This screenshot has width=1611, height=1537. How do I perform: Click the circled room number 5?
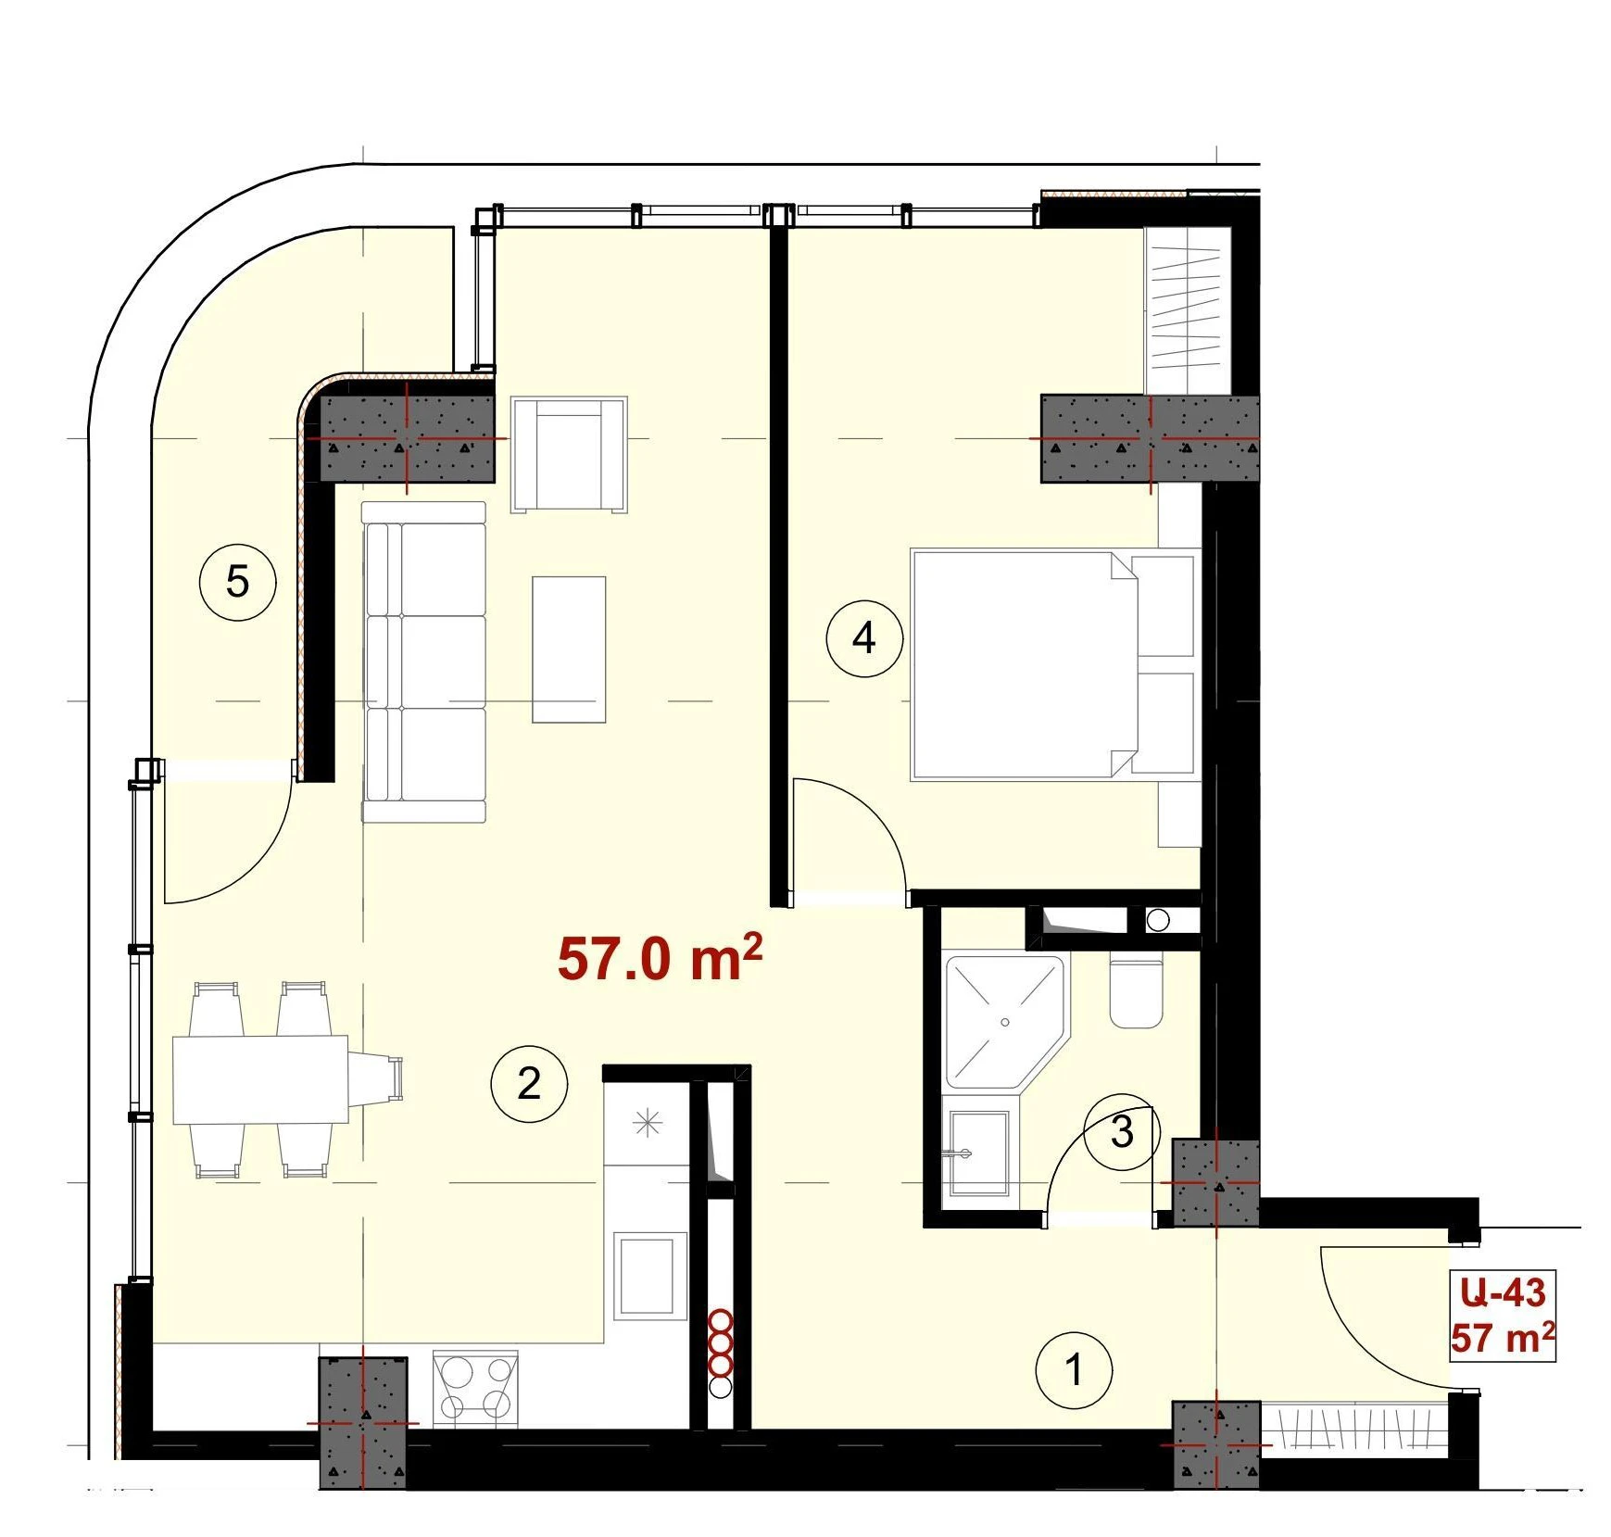(238, 582)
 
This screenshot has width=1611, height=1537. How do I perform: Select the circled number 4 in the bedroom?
(864, 638)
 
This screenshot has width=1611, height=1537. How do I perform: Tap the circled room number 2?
(529, 1083)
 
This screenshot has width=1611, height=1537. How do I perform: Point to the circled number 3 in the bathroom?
(1122, 1132)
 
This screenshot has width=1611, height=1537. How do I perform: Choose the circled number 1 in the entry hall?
(1075, 1369)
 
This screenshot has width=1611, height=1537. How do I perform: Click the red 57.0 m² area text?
(660, 958)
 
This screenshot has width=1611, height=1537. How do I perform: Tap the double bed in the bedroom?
(1051, 663)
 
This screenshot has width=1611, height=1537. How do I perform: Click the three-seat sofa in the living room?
(424, 661)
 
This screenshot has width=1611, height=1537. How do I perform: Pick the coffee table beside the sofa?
(569, 649)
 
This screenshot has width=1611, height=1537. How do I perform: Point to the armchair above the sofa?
(569, 454)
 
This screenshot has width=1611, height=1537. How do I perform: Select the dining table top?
(260, 1079)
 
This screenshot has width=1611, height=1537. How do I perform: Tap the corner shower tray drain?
(1005, 1022)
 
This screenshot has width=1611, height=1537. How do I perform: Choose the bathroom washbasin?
(976, 1153)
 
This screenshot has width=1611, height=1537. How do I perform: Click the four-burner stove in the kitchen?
(475, 1387)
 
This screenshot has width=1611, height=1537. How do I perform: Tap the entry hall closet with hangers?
(1353, 1431)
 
